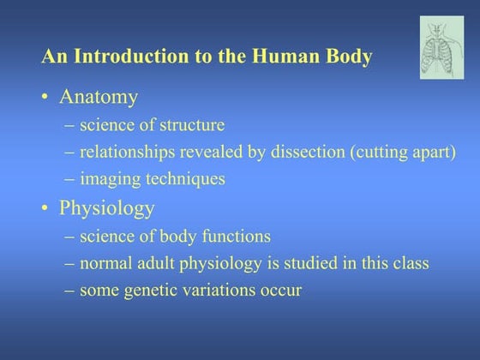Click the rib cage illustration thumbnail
click(x=441, y=48)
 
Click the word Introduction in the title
click(x=120, y=57)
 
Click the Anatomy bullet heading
click(x=98, y=97)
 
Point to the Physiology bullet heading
click(x=106, y=208)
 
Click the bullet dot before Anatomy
click(x=45, y=98)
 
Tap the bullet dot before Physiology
click(x=45, y=209)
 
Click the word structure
click(x=192, y=125)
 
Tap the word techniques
click(x=183, y=179)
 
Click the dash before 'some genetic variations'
click(x=69, y=291)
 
